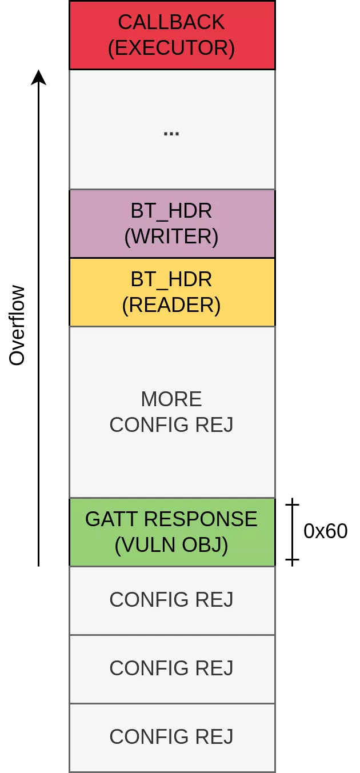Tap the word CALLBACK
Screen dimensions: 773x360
pos(171,22)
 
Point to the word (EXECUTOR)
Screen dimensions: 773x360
pos(171,48)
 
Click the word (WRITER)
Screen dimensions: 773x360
pos(171,237)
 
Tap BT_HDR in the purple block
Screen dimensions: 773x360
pos(171,211)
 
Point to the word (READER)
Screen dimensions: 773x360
pos(171,305)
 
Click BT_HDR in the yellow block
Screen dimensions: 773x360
pos(171,279)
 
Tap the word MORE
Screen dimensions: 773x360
pos(171,399)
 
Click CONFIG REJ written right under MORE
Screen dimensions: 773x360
pos(171,425)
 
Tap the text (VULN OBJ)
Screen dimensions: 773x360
pos(171,546)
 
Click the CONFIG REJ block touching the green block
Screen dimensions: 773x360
pos(171,600)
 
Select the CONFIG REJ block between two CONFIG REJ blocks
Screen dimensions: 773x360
pos(171,668)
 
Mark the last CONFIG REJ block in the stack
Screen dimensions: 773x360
pos(171,737)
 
